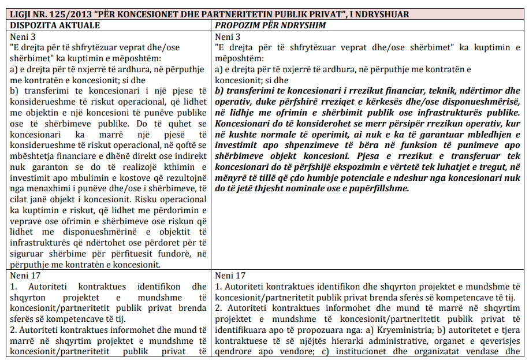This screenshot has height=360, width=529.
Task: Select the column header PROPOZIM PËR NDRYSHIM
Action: point(270,25)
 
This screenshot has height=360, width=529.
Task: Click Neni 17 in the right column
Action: point(229,276)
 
